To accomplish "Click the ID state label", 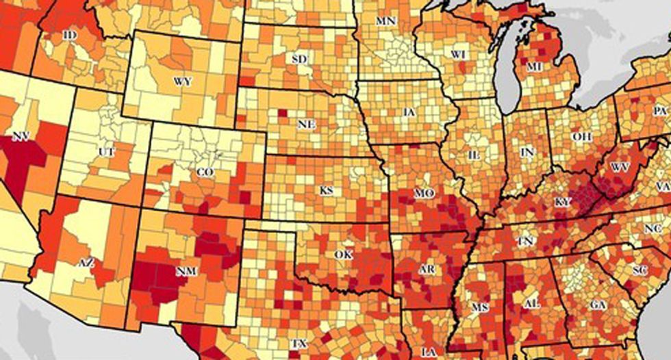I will [68, 34].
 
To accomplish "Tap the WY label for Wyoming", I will [182, 81].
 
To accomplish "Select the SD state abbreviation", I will [299, 60].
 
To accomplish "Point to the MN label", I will [385, 21].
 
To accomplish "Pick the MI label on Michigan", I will [534, 66].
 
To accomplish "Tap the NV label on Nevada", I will [21, 137].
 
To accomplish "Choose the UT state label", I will [107, 151].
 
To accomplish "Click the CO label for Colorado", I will [205, 173].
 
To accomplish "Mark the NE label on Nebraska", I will [305, 125].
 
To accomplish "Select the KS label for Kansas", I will [327, 190].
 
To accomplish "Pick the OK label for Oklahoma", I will [342, 254].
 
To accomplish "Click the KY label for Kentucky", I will [562, 203].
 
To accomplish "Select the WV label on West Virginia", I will [620, 167].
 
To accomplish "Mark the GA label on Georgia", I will [598, 304].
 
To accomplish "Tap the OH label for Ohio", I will [581, 137].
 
